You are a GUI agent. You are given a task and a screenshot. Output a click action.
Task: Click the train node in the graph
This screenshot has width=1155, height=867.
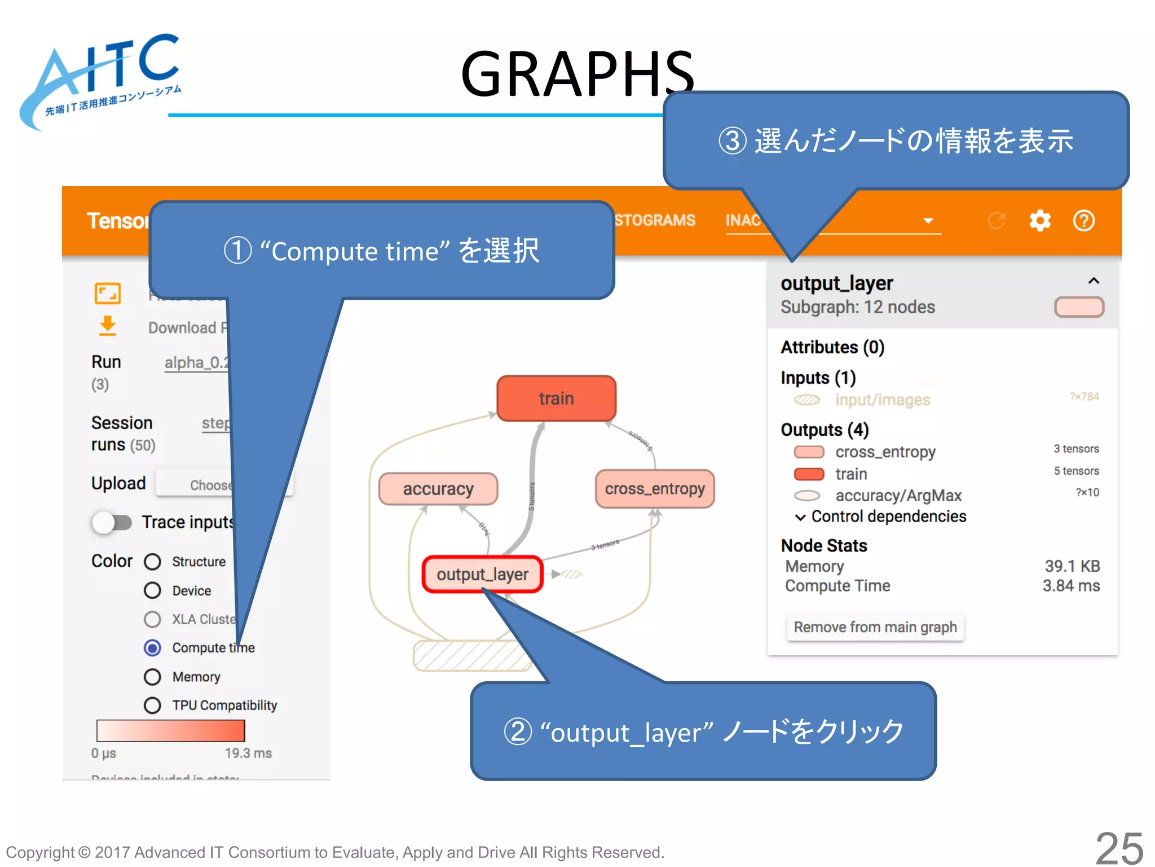(x=556, y=399)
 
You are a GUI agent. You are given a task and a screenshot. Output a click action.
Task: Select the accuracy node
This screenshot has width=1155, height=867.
(x=438, y=489)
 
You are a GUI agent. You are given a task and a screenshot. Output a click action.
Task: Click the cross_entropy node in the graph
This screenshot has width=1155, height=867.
(x=655, y=489)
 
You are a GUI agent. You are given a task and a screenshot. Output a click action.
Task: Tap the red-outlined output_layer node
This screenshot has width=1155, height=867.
(x=482, y=574)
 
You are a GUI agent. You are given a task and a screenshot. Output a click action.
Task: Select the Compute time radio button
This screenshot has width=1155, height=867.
(x=152, y=647)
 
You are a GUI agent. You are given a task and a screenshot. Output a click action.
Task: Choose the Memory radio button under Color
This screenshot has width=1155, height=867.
(x=152, y=676)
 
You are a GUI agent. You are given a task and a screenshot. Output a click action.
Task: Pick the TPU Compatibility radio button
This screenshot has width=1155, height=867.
(x=152, y=705)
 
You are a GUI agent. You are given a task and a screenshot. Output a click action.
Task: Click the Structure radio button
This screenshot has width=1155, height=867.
(x=152, y=562)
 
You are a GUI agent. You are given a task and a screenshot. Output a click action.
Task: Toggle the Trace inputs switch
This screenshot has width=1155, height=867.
(x=112, y=522)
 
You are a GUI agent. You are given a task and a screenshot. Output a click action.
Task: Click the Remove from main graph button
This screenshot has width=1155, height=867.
(x=875, y=627)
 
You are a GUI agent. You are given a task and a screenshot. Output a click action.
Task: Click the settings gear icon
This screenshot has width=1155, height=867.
(x=1039, y=220)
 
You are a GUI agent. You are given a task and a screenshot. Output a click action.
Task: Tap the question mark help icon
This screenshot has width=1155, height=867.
(x=1083, y=220)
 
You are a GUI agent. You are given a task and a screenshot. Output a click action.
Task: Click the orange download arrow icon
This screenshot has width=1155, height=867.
(x=107, y=326)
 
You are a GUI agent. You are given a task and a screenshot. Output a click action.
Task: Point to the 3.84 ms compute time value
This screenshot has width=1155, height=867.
(x=1070, y=586)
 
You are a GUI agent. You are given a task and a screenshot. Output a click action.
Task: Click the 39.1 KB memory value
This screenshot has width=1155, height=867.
(x=1072, y=566)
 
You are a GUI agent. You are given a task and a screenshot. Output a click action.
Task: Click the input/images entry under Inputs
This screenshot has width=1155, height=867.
(x=882, y=400)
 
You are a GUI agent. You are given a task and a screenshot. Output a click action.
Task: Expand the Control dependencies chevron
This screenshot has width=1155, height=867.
(x=800, y=517)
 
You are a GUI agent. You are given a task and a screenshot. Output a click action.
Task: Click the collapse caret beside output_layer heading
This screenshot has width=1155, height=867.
(x=1094, y=281)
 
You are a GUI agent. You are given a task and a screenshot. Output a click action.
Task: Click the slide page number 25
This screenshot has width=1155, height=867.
(x=1119, y=848)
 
